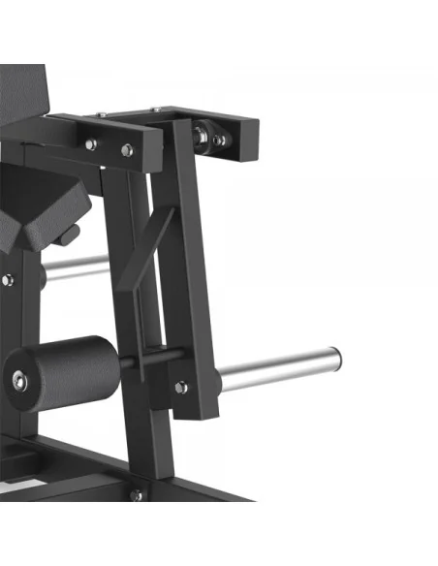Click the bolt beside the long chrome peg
click(181, 387)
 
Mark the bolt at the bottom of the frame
click(136, 495)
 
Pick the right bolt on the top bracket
click(127, 150)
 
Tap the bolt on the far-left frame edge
click(7, 281)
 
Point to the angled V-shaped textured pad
click(39, 208)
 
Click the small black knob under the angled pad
click(69, 236)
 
